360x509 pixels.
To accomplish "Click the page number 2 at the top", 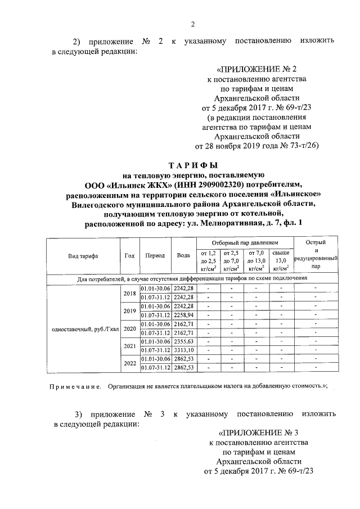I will [192, 24].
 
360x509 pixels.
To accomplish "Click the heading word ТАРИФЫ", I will [193, 166].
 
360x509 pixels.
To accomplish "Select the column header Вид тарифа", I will [83, 255].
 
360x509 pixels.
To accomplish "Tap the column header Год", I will [129, 255].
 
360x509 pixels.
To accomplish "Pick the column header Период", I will [155, 255].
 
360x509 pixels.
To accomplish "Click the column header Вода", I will [183, 255].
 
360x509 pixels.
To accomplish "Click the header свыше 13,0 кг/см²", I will [281, 260].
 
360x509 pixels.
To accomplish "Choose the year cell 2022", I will [129, 363].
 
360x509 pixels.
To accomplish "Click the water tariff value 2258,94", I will [183, 315].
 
